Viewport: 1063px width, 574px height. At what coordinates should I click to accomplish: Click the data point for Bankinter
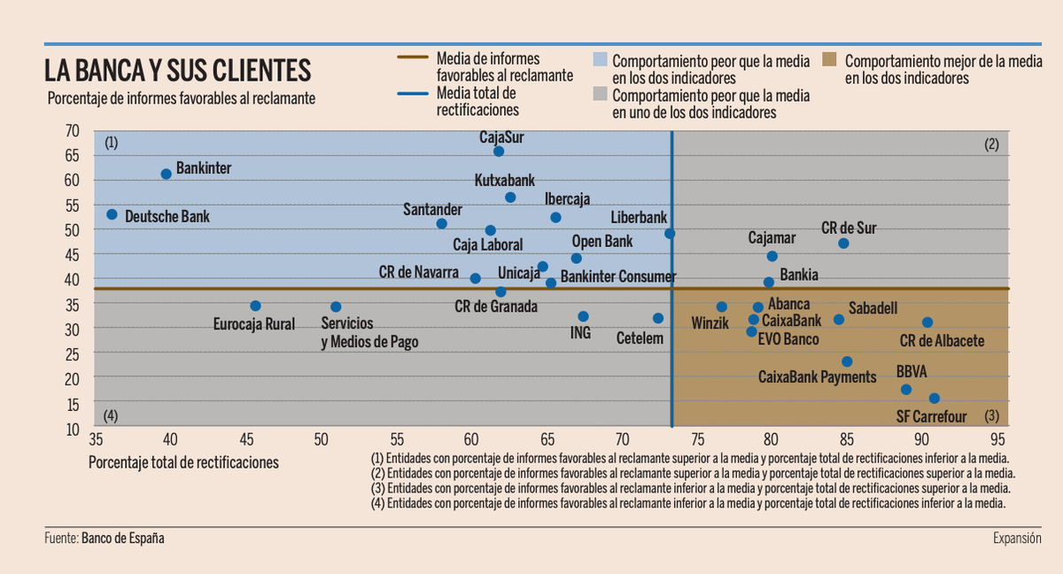pyautogui.click(x=166, y=174)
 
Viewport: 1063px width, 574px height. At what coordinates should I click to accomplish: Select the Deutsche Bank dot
pyautogui.click(x=112, y=214)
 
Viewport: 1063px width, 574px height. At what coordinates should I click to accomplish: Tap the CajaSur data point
pyautogui.click(x=499, y=151)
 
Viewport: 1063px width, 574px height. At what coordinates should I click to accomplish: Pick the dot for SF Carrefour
pyautogui.click(x=934, y=399)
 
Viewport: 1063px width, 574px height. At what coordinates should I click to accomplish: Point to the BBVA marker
pyautogui.click(x=905, y=390)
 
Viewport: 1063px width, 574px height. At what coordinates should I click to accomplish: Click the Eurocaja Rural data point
pyautogui.click(x=255, y=306)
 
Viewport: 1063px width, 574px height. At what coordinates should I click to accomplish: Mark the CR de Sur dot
pyautogui.click(x=843, y=244)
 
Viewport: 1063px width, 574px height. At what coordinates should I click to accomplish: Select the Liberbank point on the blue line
pyautogui.click(x=670, y=234)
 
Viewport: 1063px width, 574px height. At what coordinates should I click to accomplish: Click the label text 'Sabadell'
pyautogui.click(x=873, y=308)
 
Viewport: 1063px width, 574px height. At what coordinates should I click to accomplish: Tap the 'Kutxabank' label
pyautogui.click(x=505, y=180)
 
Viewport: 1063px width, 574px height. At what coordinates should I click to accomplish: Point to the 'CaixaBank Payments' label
pyautogui.click(x=817, y=377)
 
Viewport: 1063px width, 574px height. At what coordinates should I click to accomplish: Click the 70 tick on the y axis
pyautogui.click(x=73, y=130)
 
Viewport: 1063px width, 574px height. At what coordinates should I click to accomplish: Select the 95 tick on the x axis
pyautogui.click(x=997, y=438)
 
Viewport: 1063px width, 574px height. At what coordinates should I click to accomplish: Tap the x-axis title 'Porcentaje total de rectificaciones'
pyautogui.click(x=183, y=462)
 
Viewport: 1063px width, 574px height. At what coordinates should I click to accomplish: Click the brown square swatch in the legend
pyautogui.click(x=830, y=61)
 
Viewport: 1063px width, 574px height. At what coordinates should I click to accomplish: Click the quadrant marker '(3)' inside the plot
pyautogui.click(x=991, y=416)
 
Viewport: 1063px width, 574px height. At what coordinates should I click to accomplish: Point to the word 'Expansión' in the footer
pyautogui.click(x=1017, y=538)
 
